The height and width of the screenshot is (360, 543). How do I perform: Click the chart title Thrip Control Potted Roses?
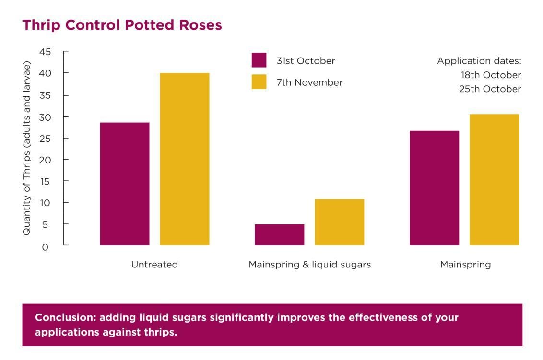[x=122, y=25]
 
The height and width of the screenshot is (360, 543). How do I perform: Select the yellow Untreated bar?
[x=185, y=159]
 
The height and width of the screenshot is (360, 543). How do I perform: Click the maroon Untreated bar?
[x=125, y=184]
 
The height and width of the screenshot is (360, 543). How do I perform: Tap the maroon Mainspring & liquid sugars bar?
[x=280, y=235]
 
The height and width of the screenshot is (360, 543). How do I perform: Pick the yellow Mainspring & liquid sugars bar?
[x=340, y=222]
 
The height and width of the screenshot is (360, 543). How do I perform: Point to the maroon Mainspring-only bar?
[x=434, y=188]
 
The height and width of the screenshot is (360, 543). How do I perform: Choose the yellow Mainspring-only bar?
[x=494, y=180]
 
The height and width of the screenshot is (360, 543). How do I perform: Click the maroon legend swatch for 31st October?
[x=259, y=60]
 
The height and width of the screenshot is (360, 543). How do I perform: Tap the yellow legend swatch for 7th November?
[x=259, y=81]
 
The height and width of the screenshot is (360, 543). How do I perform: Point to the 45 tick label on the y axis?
[x=45, y=52]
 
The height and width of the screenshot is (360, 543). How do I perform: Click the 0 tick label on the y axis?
[x=45, y=247]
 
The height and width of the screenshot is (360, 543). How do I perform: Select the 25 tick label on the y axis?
[x=45, y=139]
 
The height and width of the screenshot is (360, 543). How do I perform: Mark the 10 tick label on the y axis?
[x=45, y=203]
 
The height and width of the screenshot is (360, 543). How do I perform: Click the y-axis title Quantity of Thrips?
[x=27, y=148]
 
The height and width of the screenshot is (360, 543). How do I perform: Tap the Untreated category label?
[x=154, y=265]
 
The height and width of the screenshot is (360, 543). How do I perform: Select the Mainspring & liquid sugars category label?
[x=309, y=265]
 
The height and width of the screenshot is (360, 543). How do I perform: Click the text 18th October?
[x=491, y=75]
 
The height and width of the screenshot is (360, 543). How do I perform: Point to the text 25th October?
[x=490, y=89]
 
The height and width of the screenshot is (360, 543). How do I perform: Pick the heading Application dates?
[x=479, y=61]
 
